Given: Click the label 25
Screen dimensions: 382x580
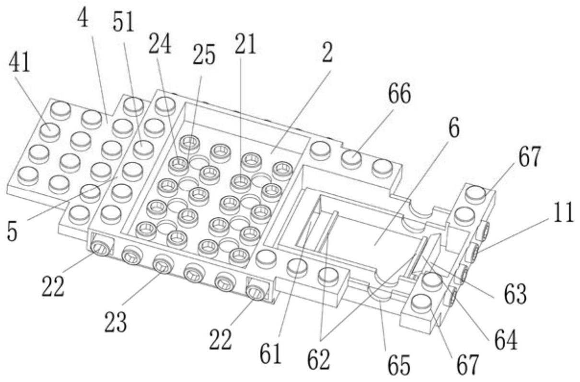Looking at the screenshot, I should click(x=203, y=56).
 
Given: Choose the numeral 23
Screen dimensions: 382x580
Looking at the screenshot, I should click(x=116, y=324).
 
